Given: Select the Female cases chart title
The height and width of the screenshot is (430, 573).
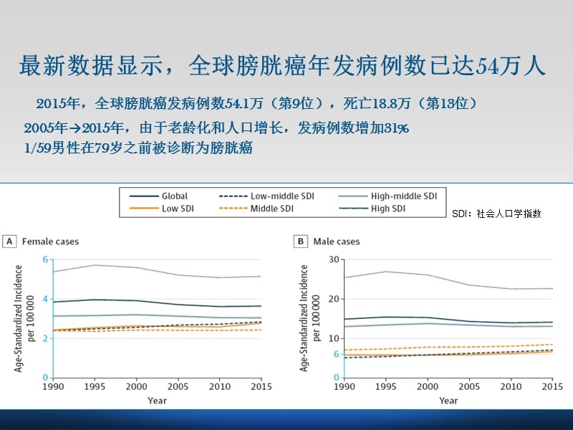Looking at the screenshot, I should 51,242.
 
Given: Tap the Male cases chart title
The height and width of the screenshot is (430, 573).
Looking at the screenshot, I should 337,242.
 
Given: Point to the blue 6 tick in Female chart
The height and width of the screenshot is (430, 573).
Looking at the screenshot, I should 44,259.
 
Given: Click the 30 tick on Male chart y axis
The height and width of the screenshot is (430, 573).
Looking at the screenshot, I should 332,259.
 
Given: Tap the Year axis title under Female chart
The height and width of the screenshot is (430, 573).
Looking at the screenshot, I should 158,400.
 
